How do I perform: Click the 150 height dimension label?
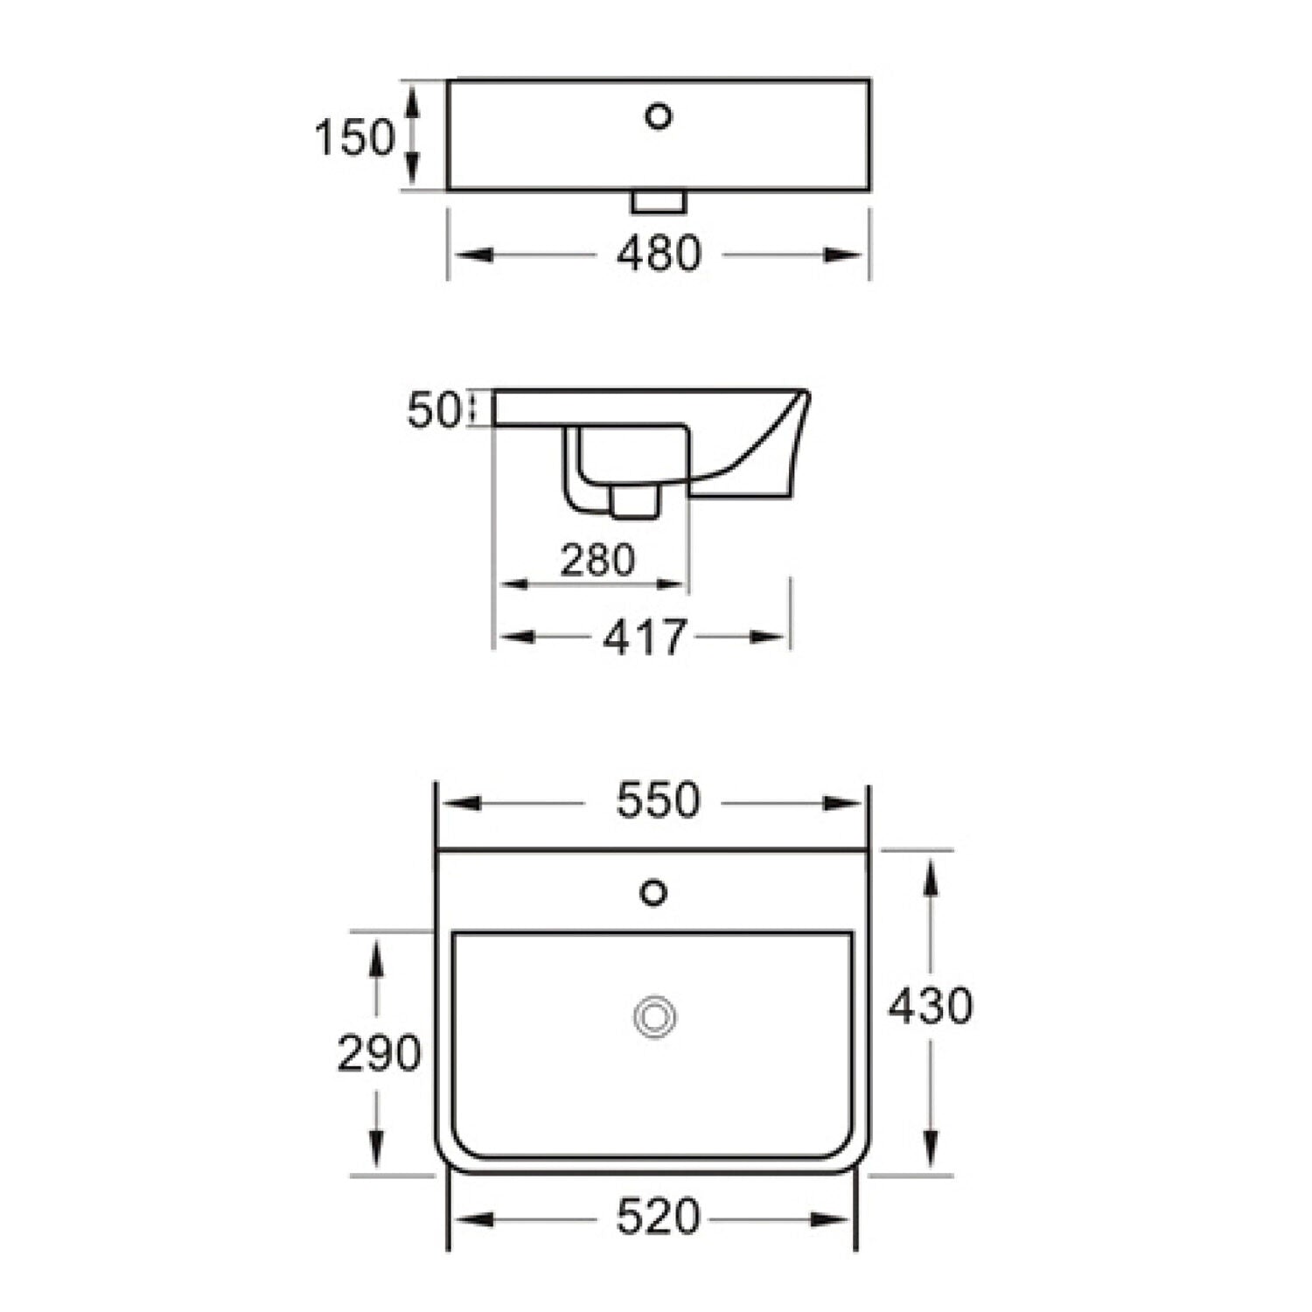point(354,137)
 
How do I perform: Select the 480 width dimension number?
point(659,254)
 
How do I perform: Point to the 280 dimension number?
point(597,560)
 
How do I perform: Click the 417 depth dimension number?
point(645,638)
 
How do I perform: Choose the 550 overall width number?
point(658,800)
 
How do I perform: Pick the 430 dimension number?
point(930,1006)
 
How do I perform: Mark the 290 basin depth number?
point(379,1053)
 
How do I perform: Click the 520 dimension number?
point(658,1218)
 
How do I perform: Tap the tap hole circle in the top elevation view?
point(659,115)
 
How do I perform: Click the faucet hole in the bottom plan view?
point(654,892)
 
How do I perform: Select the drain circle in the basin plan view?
point(655,1017)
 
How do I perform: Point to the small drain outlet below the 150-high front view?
point(659,202)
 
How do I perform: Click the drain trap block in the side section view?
point(633,503)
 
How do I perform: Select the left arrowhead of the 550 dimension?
point(460,803)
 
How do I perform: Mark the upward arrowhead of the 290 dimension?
point(377,957)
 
